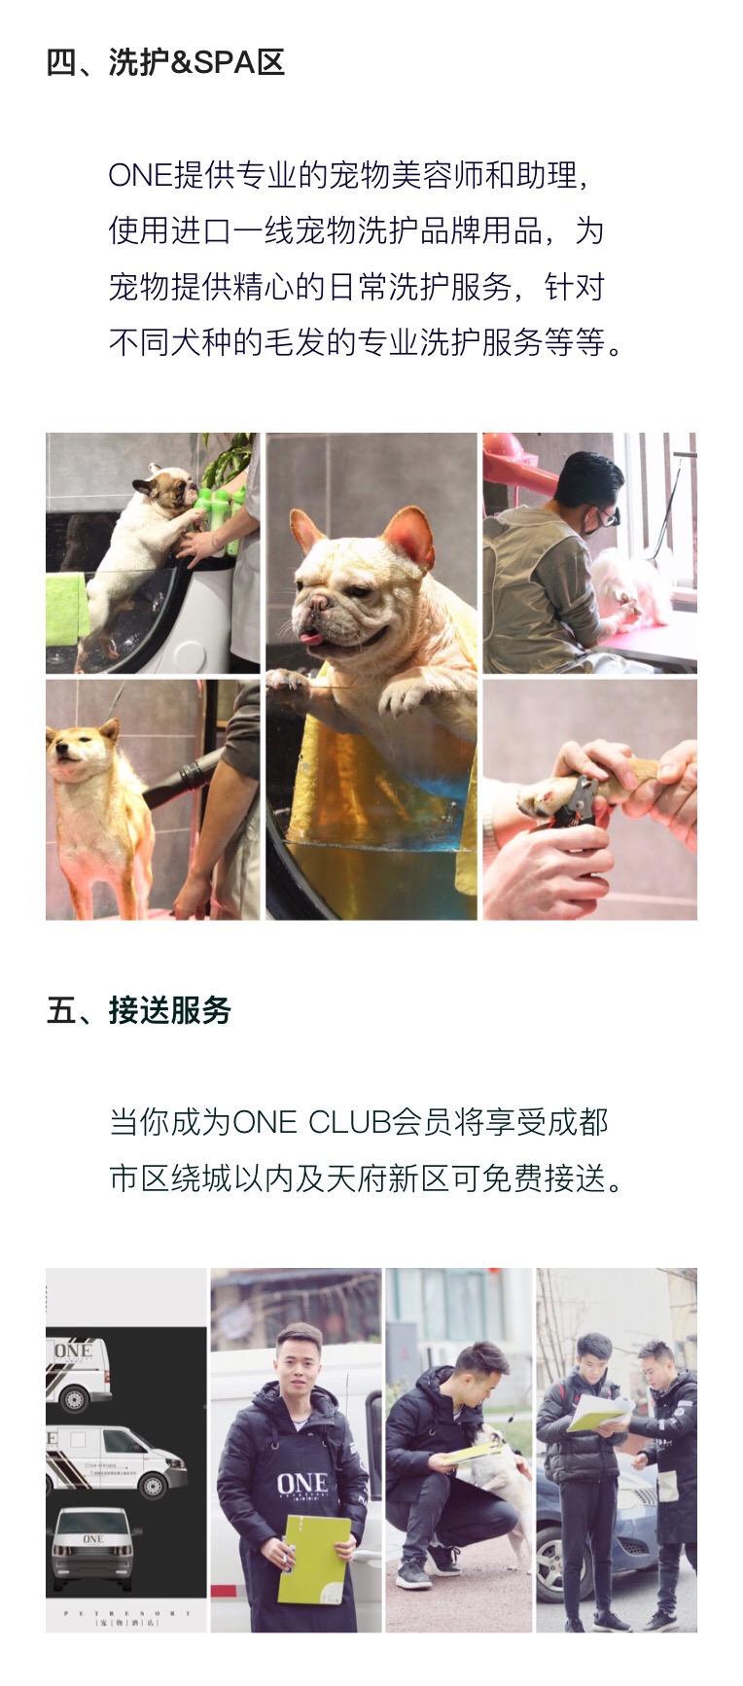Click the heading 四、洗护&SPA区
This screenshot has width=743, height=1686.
coord(165,62)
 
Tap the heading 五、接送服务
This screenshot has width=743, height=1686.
coord(139,1010)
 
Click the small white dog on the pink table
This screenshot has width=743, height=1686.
coord(632,582)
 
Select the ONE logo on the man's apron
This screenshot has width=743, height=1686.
coord(302,1484)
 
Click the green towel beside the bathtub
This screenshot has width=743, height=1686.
coord(65,609)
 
